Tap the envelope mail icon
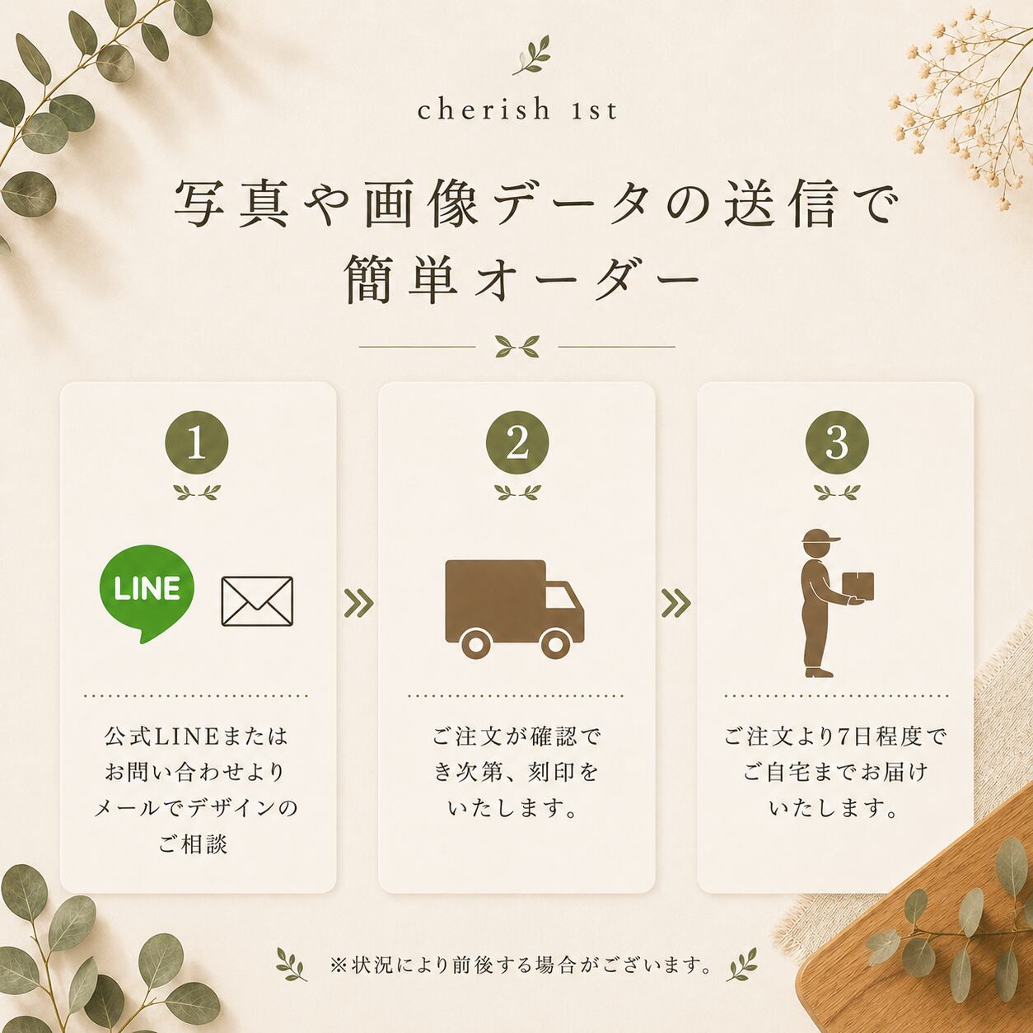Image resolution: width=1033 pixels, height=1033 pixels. point(257,601)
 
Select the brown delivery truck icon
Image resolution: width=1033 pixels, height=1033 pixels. point(515,609)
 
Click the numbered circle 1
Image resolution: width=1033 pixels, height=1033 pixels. point(196,443)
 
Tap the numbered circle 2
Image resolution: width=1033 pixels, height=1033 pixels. point(517,443)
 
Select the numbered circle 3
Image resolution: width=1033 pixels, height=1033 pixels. point(837,443)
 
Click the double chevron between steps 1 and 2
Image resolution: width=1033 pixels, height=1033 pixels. point(358,603)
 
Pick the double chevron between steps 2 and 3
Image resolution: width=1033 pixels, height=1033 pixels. point(676,603)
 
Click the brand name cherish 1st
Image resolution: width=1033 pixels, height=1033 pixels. point(517,110)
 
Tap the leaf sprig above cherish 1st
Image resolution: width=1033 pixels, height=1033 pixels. point(531,55)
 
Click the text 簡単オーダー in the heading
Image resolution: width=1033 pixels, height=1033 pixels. point(522,280)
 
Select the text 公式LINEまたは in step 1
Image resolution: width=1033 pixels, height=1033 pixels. point(196,736)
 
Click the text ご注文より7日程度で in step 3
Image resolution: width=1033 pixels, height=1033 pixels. point(836,736)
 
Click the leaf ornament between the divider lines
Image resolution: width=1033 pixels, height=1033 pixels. point(517,346)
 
